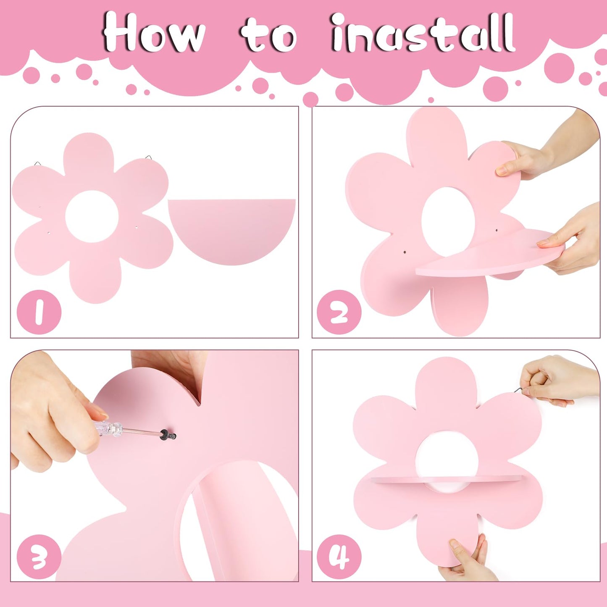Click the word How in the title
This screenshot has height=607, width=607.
(154, 32)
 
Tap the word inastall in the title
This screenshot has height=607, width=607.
(423, 32)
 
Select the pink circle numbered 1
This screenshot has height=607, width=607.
(39, 312)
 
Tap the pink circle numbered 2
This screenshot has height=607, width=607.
(339, 312)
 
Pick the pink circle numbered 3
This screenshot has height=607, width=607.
(39, 557)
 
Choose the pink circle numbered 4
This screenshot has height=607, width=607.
(339, 557)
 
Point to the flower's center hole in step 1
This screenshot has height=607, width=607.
(92, 216)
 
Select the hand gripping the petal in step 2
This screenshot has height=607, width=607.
(548, 148)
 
